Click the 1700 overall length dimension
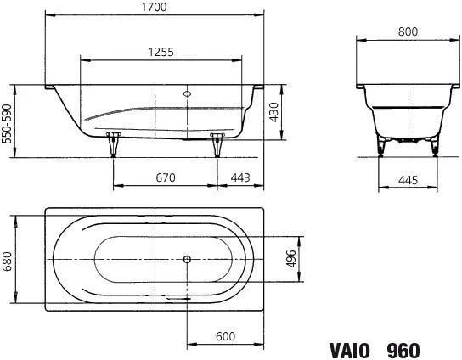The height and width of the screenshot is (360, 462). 154,7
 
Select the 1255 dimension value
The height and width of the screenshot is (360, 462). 161,52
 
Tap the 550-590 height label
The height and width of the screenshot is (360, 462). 7,123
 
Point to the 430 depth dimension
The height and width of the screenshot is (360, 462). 274,112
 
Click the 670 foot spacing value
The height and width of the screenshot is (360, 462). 166,177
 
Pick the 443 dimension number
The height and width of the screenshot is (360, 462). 240,177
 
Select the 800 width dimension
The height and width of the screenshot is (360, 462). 408,31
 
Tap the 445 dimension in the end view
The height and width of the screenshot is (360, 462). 408,180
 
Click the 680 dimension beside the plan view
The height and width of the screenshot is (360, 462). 7,262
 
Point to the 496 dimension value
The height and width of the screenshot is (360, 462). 291,259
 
